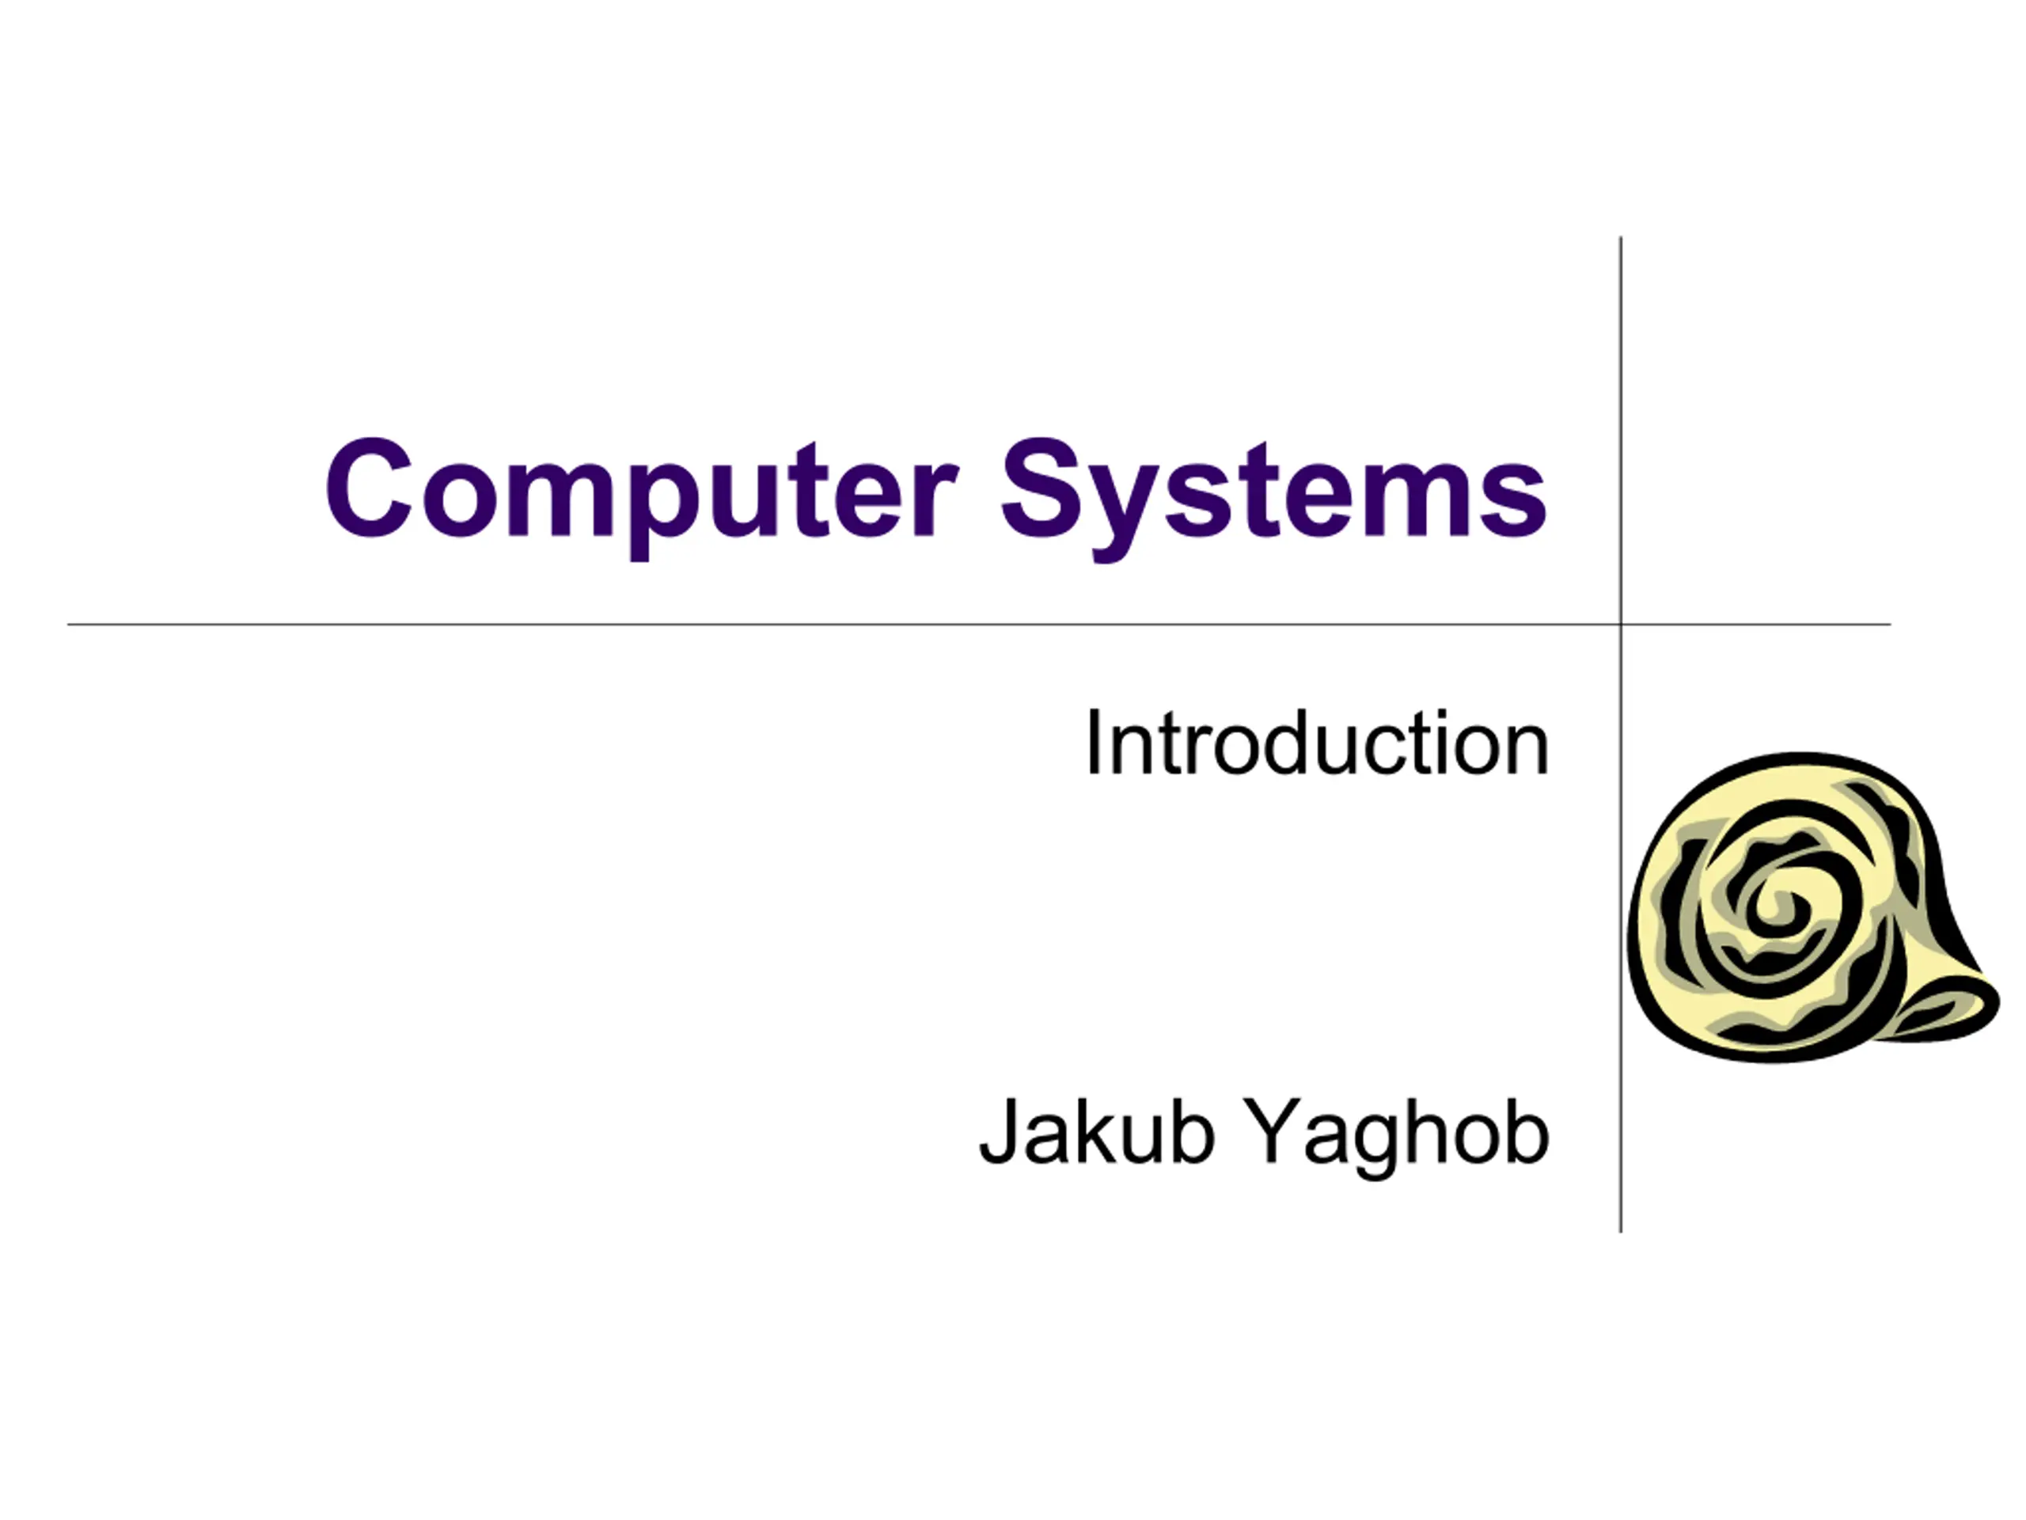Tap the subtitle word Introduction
click(x=1317, y=744)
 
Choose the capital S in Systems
click(x=1044, y=488)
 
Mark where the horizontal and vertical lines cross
click(x=1620, y=625)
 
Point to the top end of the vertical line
click(x=1620, y=237)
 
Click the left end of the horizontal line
click(x=69, y=625)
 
